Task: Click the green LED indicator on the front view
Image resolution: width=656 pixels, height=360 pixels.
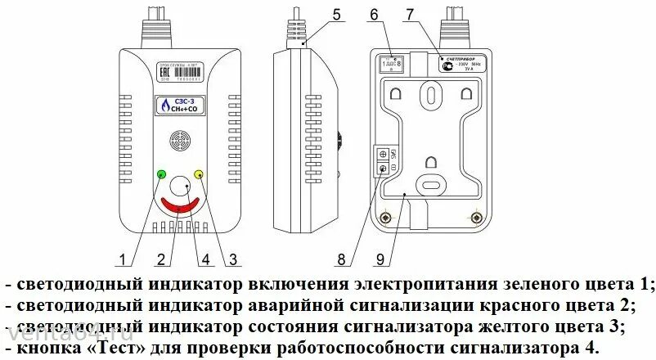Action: [x=161, y=174]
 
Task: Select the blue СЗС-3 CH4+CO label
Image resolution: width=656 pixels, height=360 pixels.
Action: [x=181, y=106]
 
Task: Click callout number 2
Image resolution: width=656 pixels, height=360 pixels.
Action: [x=162, y=260]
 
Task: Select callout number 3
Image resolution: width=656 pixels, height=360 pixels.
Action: [x=233, y=260]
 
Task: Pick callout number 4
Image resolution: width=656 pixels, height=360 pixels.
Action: [x=205, y=260]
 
